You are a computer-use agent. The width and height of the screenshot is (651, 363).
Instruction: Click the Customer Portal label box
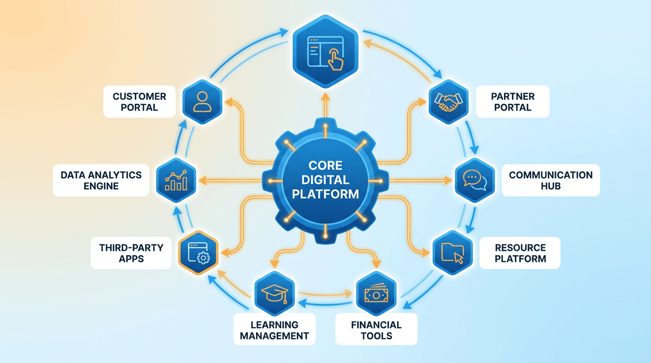[x=139, y=102]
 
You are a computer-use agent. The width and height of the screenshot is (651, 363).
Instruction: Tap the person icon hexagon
[x=202, y=101]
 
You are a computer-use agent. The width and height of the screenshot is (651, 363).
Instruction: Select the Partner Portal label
[x=512, y=102]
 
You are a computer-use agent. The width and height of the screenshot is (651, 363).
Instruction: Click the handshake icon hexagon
[x=448, y=101]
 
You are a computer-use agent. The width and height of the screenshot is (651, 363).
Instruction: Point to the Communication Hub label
[x=550, y=180]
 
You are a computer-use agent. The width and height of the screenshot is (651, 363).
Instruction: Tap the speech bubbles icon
[x=474, y=180]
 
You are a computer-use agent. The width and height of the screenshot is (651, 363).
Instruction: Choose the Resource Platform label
[x=520, y=253]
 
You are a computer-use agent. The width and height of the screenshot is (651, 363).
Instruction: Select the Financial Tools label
[x=376, y=330]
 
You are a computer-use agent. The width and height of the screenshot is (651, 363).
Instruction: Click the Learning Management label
[x=274, y=330]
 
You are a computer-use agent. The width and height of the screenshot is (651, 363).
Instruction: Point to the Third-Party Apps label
[x=131, y=253]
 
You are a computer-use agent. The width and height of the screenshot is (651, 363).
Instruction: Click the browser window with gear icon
[x=199, y=253]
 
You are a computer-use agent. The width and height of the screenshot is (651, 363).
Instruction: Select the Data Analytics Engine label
[x=101, y=180]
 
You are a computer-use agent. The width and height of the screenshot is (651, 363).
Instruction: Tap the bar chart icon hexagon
[x=176, y=180]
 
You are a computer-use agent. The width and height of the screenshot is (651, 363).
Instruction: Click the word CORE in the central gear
[x=325, y=166]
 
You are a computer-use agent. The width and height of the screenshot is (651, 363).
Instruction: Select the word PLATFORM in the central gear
[x=325, y=194]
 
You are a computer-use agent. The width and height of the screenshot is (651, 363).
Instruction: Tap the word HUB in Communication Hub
[x=550, y=186]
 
